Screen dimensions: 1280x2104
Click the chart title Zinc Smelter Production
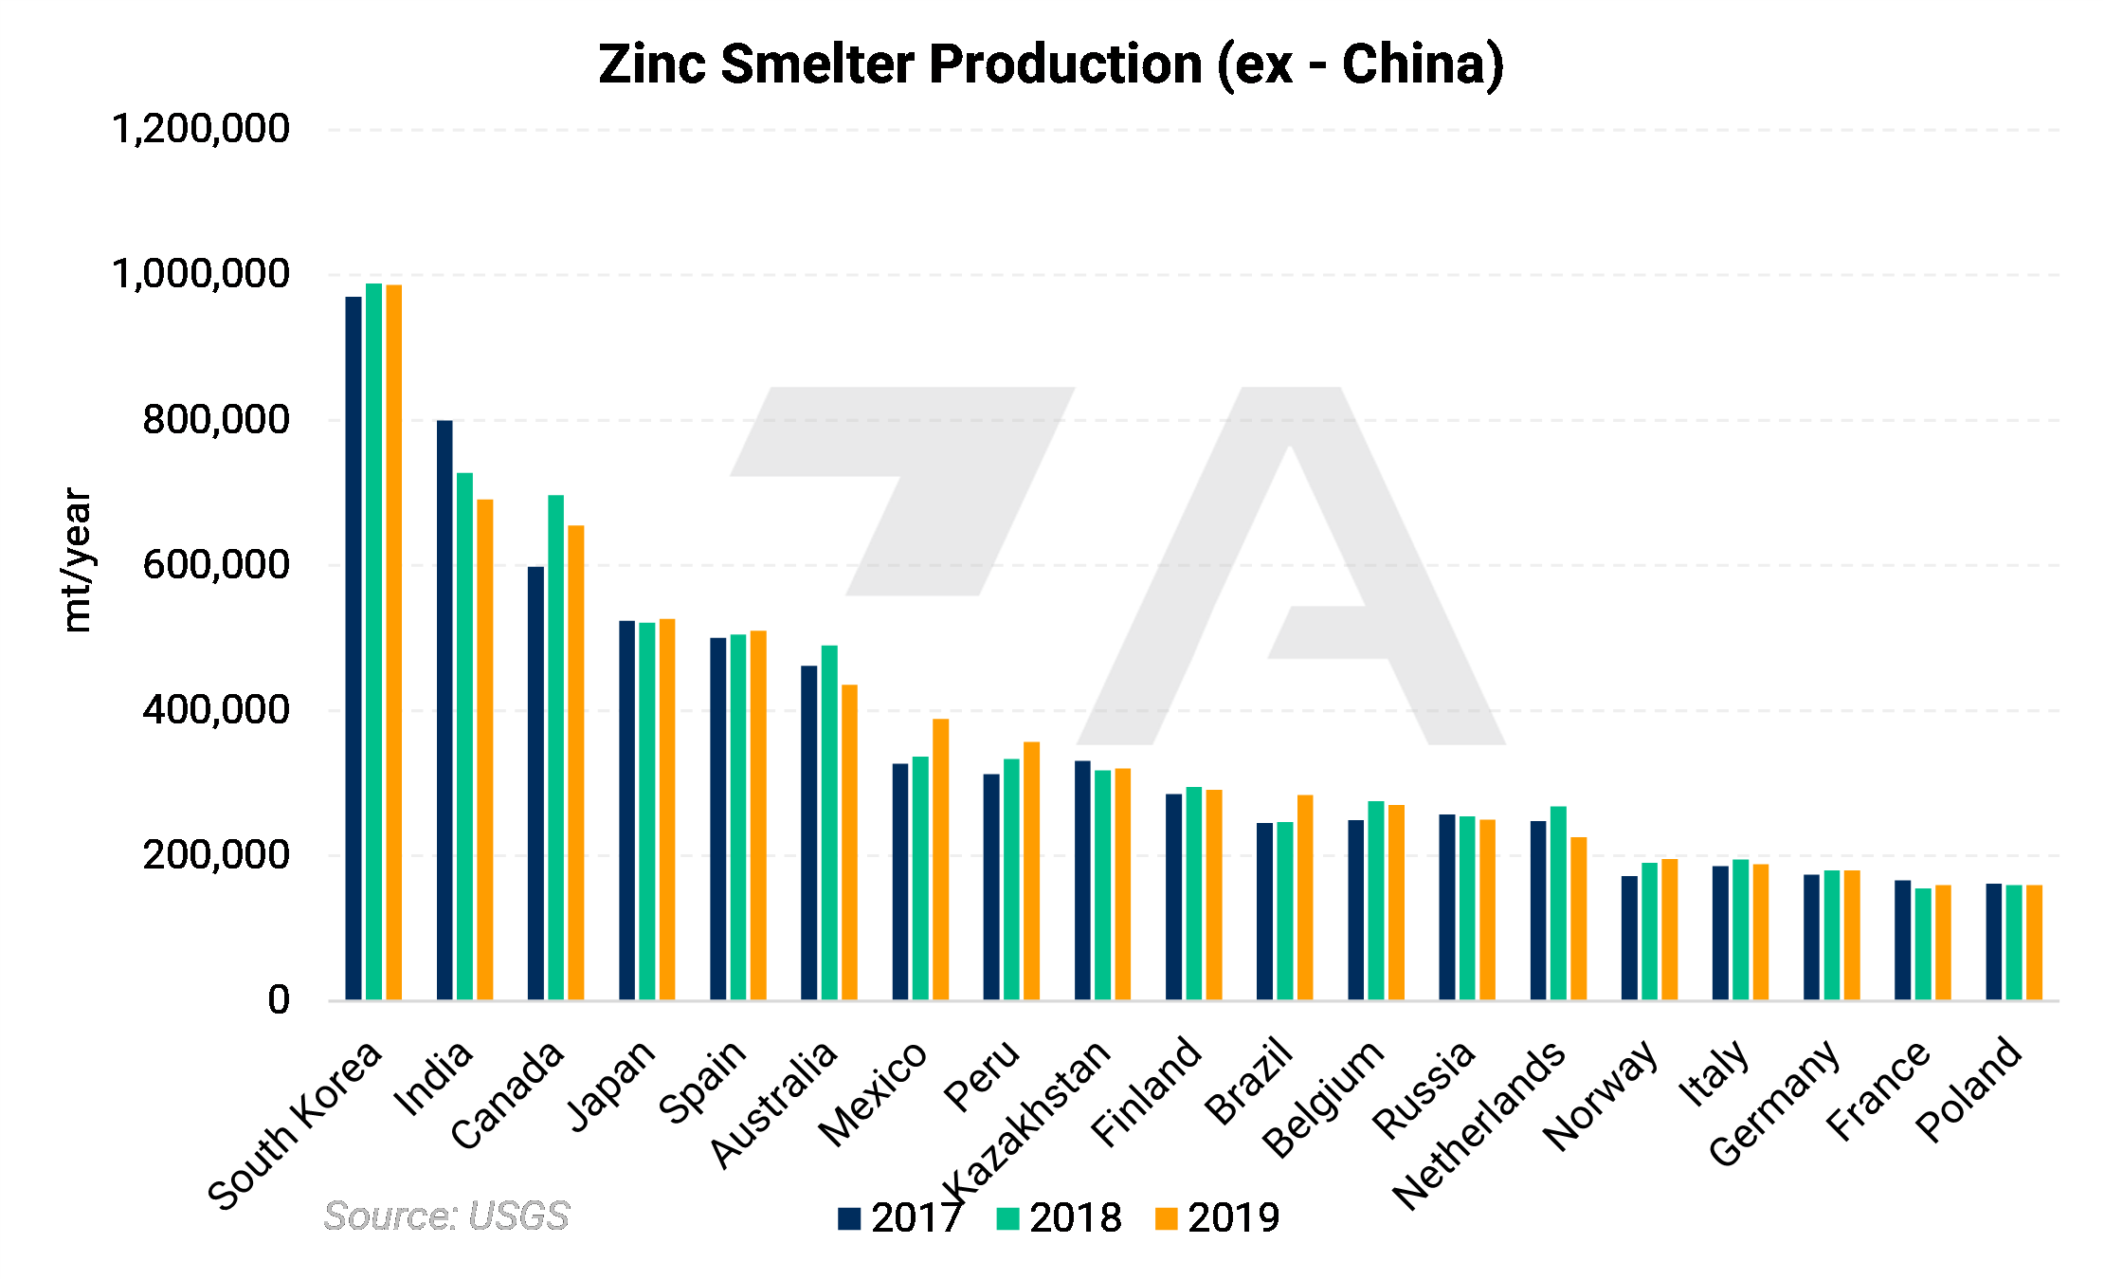point(1050,64)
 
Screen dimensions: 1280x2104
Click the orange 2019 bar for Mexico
point(940,859)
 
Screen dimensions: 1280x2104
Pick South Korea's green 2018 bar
point(373,641)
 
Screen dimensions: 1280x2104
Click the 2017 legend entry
point(899,1218)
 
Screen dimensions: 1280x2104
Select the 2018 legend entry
point(1059,1218)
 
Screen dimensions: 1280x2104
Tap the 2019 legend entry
point(1217,1218)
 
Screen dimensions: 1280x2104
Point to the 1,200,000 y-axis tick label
point(201,129)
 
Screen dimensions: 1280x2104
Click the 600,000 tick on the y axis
point(216,565)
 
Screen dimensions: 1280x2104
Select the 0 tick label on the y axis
point(279,999)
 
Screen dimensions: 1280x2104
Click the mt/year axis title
point(77,559)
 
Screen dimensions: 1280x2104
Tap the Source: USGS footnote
point(446,1216)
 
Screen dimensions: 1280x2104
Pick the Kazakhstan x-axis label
point(1027,1119)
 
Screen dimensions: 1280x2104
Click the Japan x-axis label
point(612,1085)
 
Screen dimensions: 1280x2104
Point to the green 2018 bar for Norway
point(1649,930)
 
